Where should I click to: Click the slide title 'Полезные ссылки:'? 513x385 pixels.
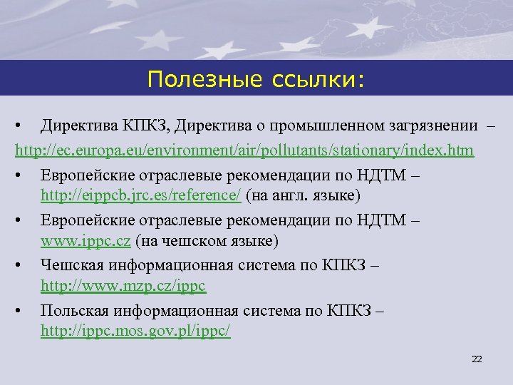pos(255,79)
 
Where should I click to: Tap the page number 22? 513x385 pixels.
pos(477,359)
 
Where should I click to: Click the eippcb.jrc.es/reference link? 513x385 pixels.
pos(142,195)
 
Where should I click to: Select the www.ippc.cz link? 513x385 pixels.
pos(85,241)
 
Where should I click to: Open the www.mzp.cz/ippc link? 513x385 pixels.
pos(123,287)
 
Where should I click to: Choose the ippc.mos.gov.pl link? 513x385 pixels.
pos(135,332)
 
